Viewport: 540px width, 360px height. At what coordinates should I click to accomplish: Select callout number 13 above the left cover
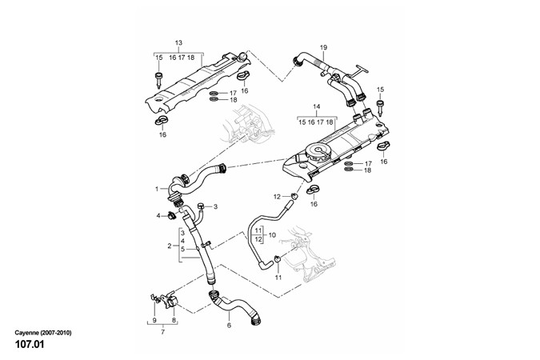178,42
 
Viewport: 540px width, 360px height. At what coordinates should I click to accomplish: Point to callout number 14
316,106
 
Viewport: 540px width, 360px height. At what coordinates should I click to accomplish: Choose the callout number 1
157,190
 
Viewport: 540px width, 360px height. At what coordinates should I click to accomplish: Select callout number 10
182,249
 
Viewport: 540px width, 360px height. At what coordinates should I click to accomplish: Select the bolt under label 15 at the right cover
380,106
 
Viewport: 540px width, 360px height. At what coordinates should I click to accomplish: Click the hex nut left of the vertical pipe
171,216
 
